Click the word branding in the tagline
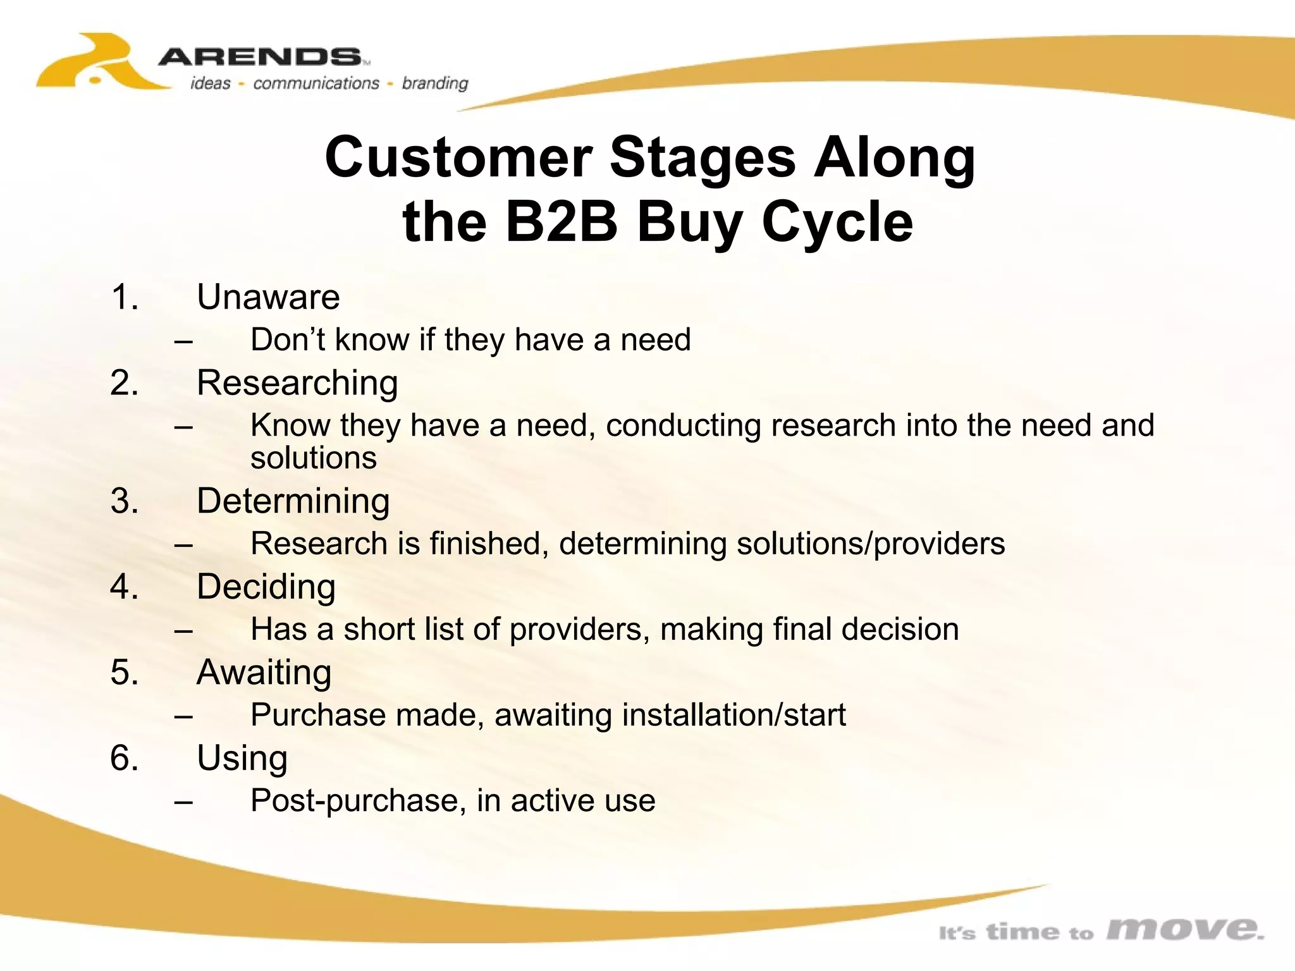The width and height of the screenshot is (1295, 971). coord(435,83)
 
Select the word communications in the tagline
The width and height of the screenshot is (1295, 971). coord(316,83)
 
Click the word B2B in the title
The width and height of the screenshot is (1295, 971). coord(561,222)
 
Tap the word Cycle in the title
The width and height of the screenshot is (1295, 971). coord(837,222)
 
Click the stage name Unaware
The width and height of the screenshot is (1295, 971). coord(268,297)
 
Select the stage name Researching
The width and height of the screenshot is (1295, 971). coord(297,383)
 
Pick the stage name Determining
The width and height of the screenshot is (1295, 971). coord(293,501)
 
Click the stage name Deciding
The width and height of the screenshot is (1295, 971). coord(266,587)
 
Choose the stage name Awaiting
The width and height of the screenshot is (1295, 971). coord(264,672)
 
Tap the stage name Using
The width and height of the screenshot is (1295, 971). coord(242,758)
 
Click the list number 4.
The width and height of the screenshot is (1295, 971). coord(124,587)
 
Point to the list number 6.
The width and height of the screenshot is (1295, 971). coord(124,758)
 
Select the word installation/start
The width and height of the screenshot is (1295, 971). coord(733,715)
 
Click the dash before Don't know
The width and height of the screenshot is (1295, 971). coord(183,341)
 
